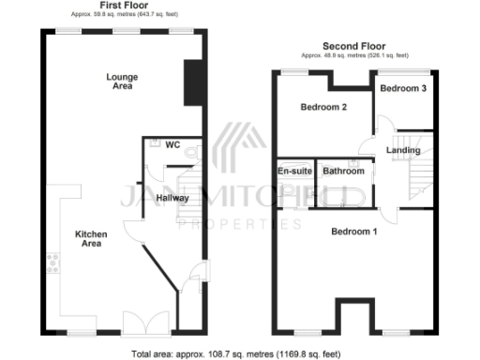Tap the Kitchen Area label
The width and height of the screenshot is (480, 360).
91,238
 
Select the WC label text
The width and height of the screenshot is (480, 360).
172,145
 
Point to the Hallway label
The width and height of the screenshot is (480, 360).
173,198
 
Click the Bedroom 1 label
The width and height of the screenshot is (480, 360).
355,231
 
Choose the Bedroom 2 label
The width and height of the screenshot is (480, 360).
323,107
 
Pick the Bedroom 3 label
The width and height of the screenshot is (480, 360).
404,88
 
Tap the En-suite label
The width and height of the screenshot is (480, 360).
294,172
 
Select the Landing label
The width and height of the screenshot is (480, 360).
403,149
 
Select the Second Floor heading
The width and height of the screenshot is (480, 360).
353,46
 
